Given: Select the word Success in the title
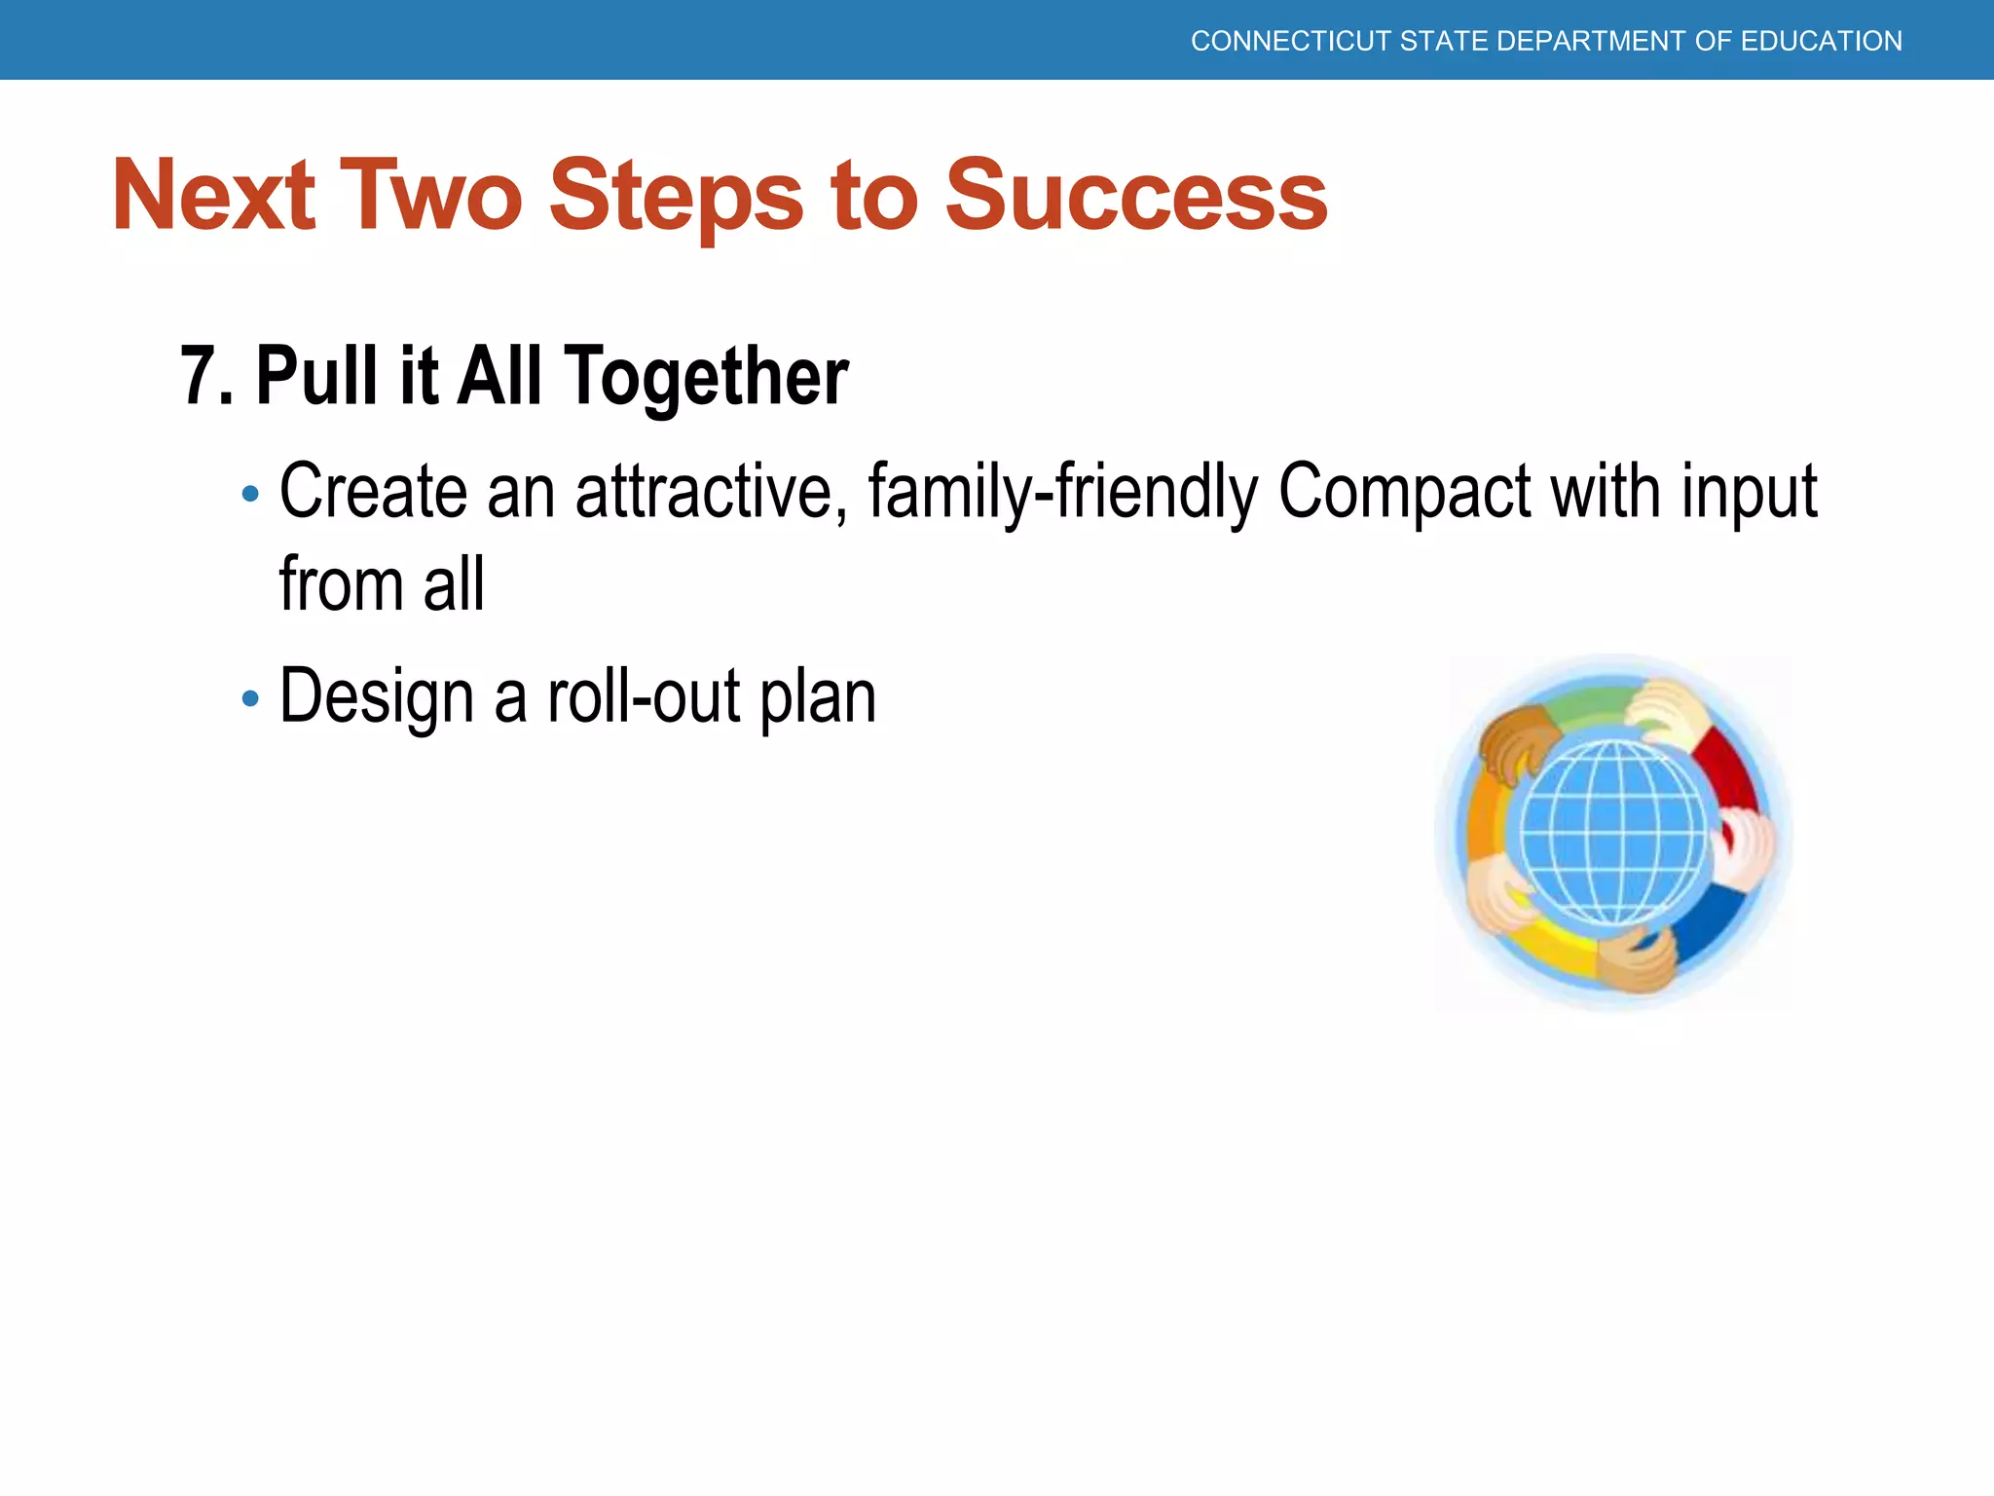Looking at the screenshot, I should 1136,196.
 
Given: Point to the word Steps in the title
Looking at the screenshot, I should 676,196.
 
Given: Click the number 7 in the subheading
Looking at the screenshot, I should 197,376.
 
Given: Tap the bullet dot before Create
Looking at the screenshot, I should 250,494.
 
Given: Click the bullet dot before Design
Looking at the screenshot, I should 250,698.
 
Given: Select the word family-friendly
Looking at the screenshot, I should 1062,492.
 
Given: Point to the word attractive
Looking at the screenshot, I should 704,492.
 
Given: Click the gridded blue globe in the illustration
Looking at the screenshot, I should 1612,834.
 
